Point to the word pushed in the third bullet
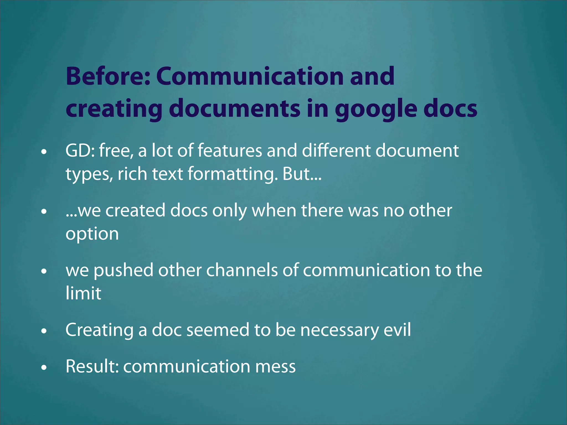pos(123,270)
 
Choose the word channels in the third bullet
pos(242,270)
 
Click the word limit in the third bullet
pos(83,293)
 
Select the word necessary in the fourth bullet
pos(339,330)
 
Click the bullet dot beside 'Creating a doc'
pos(44,331)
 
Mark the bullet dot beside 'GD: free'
pos(44,152)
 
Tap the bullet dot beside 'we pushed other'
pos(44,271)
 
